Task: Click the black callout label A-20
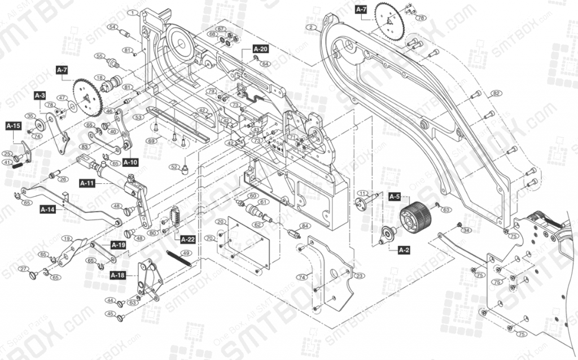pyautogui.click(x=260, y=49)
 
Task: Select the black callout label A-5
pyautogui.click(x=394, y=196)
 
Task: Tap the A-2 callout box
pyautogui.click(x=404, y=249)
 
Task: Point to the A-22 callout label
pyautogui.click(x=188, y=239)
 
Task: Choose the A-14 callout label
pyautogui.click(x=47, y=209)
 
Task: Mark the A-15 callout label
pyautogui.click(x=14, y=125)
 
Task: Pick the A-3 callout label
pyautogui.click(x=40, y=96)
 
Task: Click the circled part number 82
pyautogui.click(x=496, y=93)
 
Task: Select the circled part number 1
pyautogui.click(x=133, y=12)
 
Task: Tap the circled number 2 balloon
pyautogui.click(x=311, y=27)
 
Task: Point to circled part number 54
pyautogui.click(x=112, y=27)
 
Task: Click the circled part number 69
pyautogui.click(x=151, y=140)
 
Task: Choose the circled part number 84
pyautogui.click(x=305, y=226)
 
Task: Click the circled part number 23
pyautogui.click(x=360, y=276)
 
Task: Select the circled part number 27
pyautogui.click(x=23, y=268)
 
